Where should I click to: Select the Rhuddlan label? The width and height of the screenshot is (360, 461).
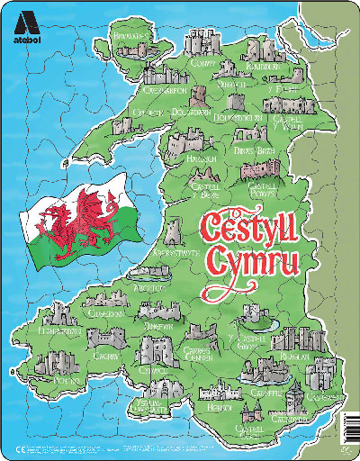(262, 67)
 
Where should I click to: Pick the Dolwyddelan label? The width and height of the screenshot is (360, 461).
(239, 117)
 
